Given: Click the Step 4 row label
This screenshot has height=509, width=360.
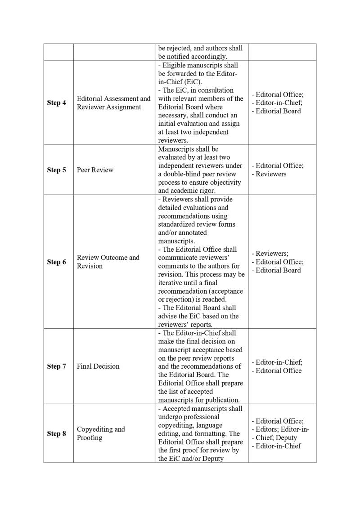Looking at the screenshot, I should point(56,103).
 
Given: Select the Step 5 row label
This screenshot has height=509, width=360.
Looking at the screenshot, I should point(56,170).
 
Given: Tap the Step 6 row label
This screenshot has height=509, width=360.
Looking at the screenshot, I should point(56,262).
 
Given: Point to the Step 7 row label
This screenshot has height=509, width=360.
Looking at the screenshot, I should point(56,366).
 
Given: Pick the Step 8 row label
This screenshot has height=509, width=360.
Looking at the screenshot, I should point(56,433).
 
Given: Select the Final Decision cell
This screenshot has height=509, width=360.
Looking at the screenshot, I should point(98,366).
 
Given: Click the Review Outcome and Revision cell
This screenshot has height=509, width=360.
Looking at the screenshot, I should point(108,262).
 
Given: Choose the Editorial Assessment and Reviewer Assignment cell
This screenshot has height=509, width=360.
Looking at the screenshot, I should point(113,103).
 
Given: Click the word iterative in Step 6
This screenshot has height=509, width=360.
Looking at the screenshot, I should point(172,283).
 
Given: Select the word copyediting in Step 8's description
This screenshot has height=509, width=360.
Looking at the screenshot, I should point(177,425).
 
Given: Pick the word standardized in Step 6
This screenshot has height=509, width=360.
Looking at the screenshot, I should point(179,224).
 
